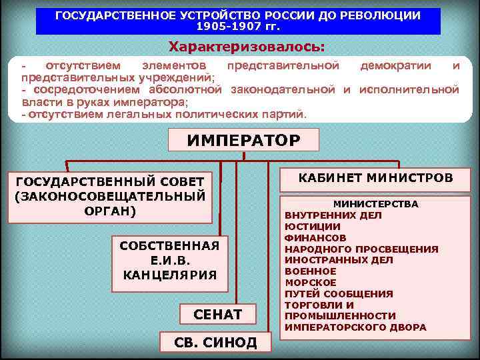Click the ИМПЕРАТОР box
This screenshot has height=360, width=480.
point(243,141)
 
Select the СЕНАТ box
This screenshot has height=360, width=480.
point(217,313)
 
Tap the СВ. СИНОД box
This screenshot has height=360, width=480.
point(215,342)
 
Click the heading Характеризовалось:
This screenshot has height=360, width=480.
point(247,47)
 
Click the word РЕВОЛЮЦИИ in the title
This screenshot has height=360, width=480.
point(386,15)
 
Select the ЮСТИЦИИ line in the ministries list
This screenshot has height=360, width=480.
point(312,227)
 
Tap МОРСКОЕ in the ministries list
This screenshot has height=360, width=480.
point(311,283)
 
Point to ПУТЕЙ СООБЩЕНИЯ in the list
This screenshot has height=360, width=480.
point(339,294)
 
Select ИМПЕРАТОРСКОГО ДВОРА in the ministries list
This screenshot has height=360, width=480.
point(355,327)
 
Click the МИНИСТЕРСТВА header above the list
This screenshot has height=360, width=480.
point(376,204)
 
